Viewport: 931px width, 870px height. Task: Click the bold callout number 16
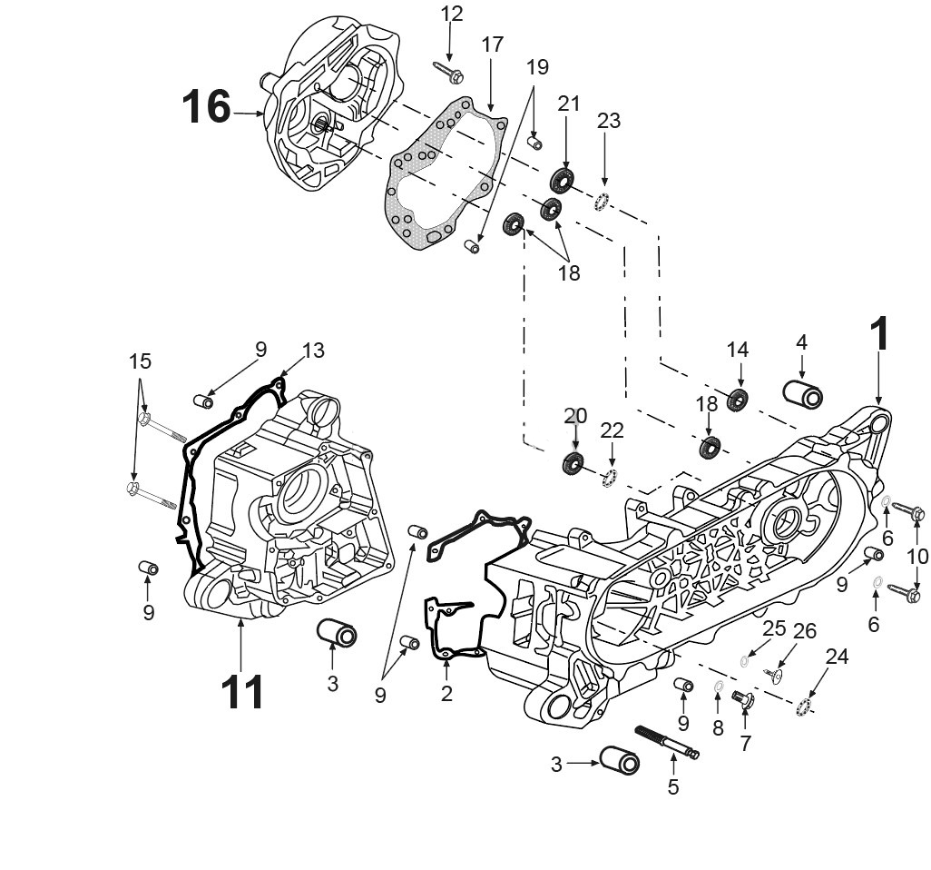click(206, 107)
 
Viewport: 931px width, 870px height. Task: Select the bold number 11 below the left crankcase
click(242, 692)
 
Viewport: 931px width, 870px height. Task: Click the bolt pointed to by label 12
click(448, 69)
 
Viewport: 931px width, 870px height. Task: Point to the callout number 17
click(492, 44)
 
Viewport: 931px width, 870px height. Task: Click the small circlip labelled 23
click(601, 201)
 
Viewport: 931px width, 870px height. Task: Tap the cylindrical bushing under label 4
click(802, 396)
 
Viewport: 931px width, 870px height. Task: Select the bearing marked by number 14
click(737, 399)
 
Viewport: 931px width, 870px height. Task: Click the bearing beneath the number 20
click(573, 462)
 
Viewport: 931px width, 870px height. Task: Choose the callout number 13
click(313, 351)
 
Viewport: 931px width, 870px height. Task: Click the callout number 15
click(140, 361)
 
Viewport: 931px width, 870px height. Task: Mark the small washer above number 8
click(718, 686)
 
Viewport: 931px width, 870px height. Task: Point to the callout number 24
click(837, 657)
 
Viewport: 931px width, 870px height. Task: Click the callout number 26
click(804, 631)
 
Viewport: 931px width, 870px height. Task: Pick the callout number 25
click(773, 628)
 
